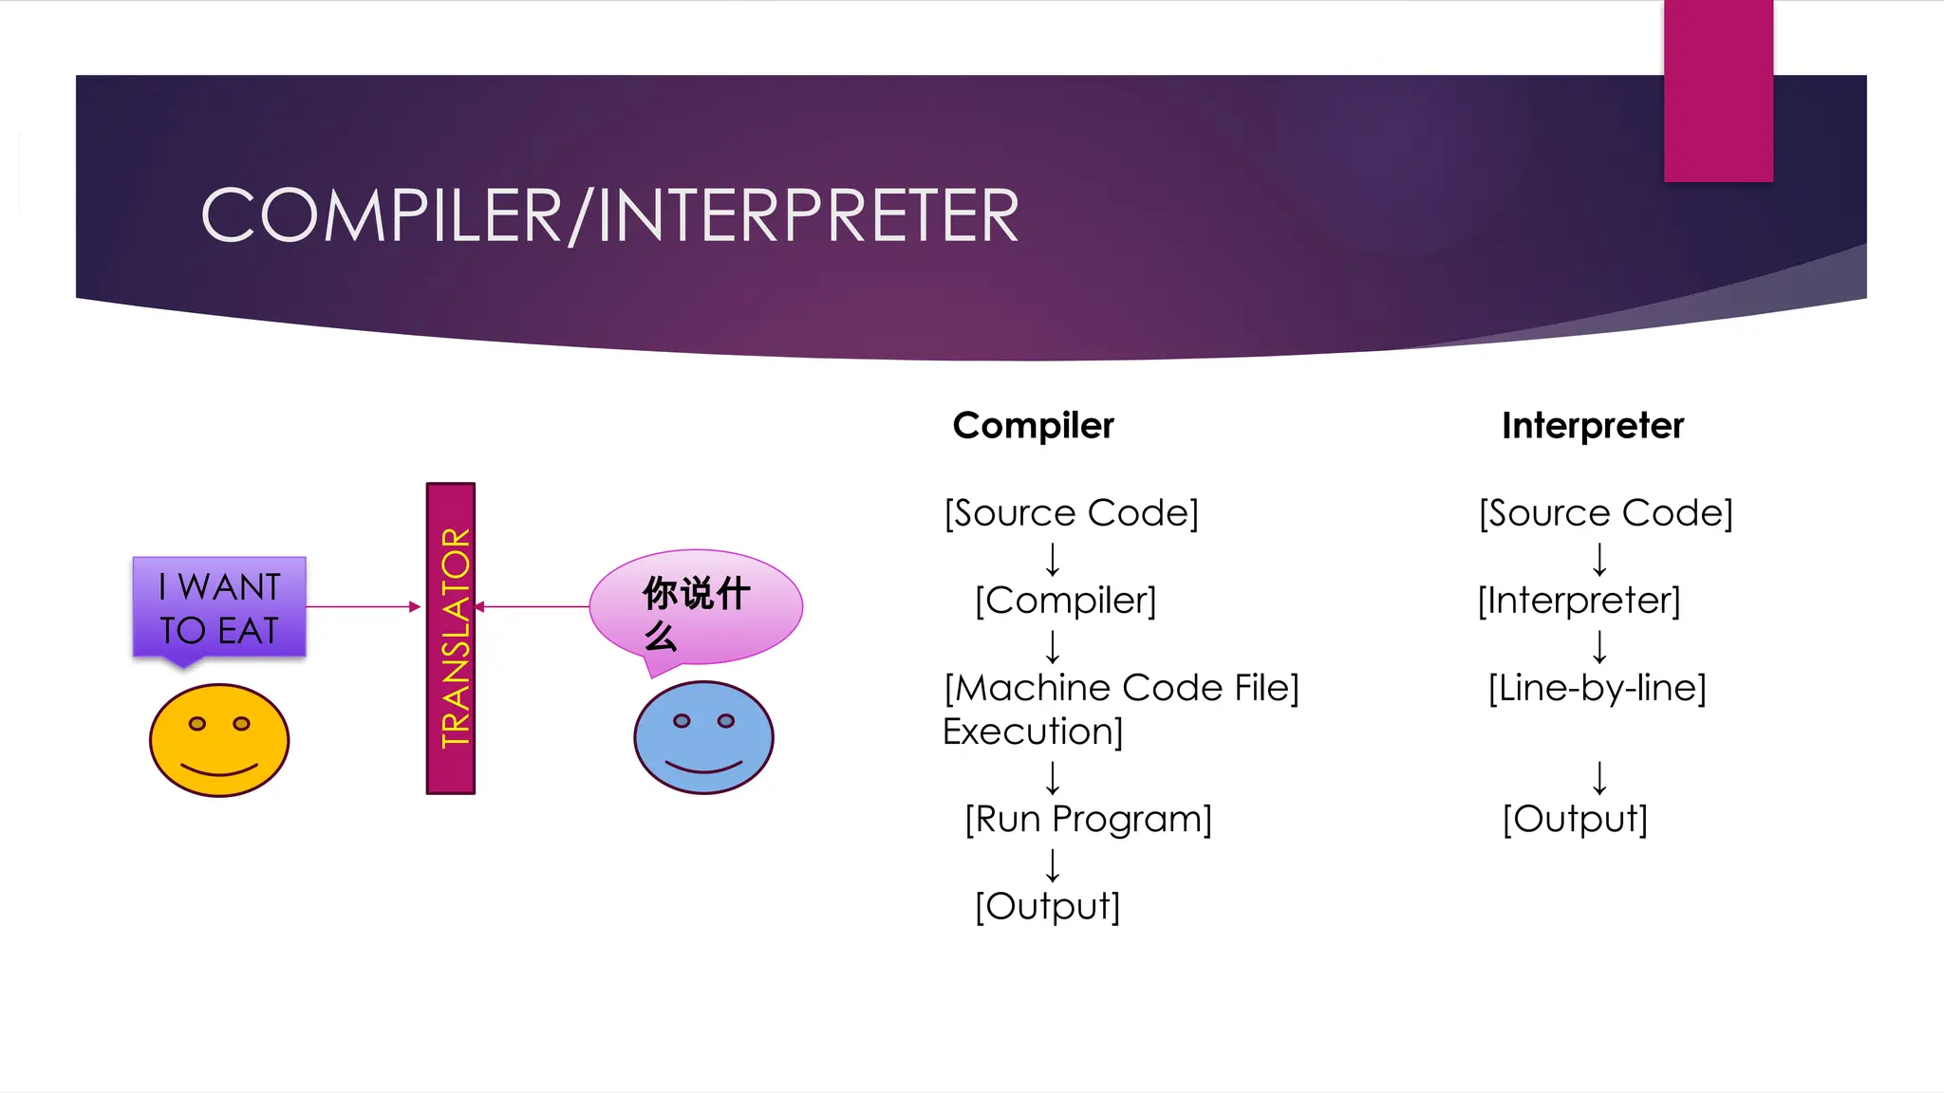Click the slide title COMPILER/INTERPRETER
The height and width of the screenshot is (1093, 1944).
click(609, 216)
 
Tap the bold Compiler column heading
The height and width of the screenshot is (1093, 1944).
click(1033, 426)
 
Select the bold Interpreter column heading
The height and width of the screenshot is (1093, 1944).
click(1592, 426)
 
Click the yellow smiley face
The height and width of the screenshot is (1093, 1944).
click(219, 740)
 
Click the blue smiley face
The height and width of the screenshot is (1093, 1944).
click(703, 737)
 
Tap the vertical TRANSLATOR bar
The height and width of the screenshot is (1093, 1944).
click(451, 638)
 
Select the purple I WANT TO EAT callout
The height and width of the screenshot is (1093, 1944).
click(219, 607)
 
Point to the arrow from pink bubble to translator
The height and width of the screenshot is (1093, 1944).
click(532, 606)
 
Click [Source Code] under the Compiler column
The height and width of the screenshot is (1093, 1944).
click(1071, 513)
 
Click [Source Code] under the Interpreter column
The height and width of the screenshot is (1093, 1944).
click(1605, 513)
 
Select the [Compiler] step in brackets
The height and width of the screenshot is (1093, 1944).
click(1065, 601)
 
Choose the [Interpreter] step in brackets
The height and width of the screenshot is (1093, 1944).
click(1579, 601)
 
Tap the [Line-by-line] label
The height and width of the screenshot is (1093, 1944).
click(1597, 688)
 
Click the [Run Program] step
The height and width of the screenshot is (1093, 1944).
click(1088, 819)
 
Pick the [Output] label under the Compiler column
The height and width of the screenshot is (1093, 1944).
click(1047, 906)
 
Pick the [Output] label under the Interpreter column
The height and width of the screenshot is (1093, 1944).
click(1575, 819)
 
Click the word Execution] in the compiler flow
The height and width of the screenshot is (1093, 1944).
click(1033, 732)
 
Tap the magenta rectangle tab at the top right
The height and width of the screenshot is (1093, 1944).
click(1718, 91)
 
